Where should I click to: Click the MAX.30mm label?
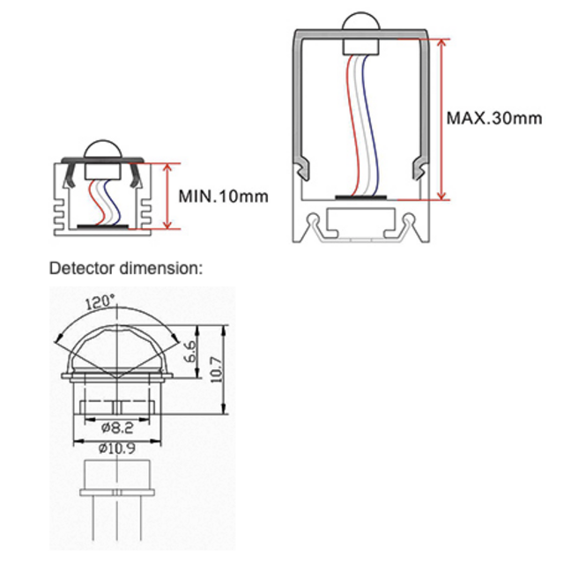[x=493, y=117]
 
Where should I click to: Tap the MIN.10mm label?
[x=223, y=196]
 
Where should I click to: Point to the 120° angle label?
[x=100, y=302]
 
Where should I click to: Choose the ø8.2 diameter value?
[x=117, y=428]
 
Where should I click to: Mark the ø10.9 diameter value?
[x=117, y=448]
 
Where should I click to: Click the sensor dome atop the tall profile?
[x=360, y=26]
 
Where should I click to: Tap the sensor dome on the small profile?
[x=105, y=152]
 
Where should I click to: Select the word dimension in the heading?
[x=159, y=267]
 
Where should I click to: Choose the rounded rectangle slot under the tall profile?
[x=361, y=222]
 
